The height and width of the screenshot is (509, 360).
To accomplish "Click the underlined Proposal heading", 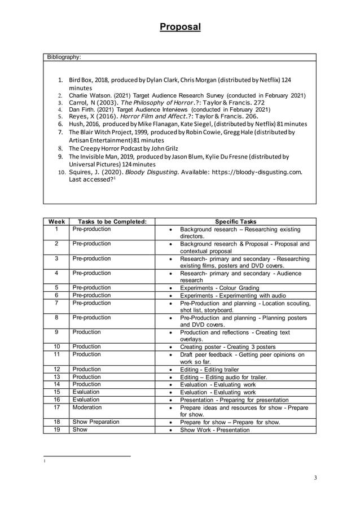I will click(x=179, y=27).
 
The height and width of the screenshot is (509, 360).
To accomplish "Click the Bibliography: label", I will click(x=63, y=57).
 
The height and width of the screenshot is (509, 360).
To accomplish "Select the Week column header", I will click(x=56, y=222).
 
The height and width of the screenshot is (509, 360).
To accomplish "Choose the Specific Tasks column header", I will click(x=235, y=222).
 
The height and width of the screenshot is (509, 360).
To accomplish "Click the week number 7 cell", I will click(x=56, y=303).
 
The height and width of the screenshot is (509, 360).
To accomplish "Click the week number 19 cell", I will click(x=56, y=429).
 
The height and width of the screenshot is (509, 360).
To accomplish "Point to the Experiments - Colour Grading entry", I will click(x=219, y=288).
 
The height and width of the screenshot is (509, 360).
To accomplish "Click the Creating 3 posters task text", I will click(x=248, y=346).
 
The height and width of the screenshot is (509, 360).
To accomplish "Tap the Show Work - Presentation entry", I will click(x=214, y=430).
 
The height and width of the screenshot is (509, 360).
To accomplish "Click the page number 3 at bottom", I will click(x=315, y=478).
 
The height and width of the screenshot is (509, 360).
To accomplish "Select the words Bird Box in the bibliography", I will click(x=81, y=81).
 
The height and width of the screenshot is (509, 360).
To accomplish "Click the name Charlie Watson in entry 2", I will click(x=93, y=96).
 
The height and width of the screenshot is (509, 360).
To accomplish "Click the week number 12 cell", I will click(x=56, y=369).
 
